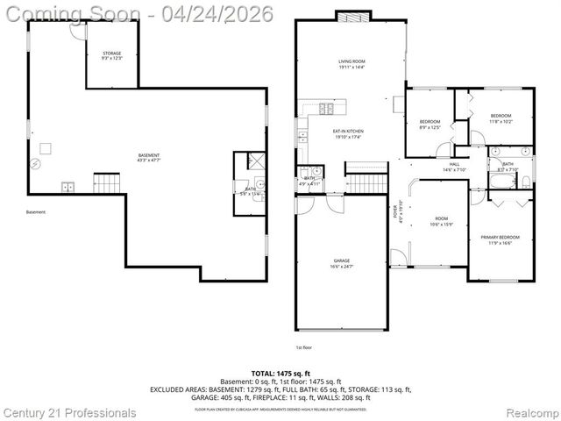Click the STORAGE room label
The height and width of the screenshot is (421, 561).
[x=110, y=54]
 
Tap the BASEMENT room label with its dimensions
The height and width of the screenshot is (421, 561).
[x=148, y=158]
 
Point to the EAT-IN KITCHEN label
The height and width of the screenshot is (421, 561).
[x=348, y=134]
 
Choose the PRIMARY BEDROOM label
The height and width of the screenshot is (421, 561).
[x=500, y=239]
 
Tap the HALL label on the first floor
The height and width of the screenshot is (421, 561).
[x=454, y=166]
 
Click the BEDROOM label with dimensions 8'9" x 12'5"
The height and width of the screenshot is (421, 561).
[x=430, y=124]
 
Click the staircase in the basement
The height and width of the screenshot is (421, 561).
[x=106, y=183]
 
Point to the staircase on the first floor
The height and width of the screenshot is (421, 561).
[x=366, y=182]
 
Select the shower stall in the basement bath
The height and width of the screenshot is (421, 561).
[x=255, y=161]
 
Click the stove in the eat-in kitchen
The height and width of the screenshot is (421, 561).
[x=326, y=110]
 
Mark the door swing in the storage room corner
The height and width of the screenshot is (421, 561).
[x=76, y=30]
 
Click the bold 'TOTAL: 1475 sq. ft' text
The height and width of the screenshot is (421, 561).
[x=280, y=373]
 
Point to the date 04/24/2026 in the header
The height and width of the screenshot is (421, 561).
[x=224, y=13]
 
